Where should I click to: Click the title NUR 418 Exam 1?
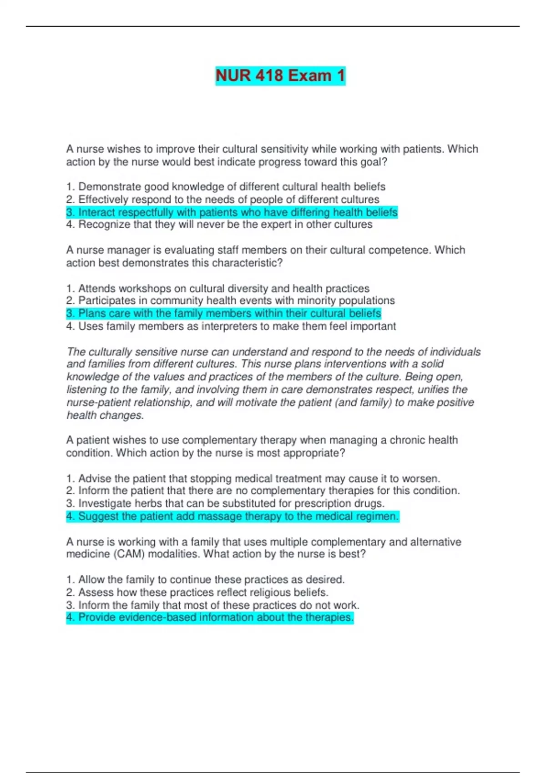tap(280, 75)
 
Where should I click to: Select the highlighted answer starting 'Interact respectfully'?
tap(232, 212)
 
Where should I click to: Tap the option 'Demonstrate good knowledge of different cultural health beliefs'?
tap(226, 187)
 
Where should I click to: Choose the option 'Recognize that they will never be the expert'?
tap(219, 225)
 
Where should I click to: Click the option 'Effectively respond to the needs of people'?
tap(222, 200)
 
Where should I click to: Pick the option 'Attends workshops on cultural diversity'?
tap(217, 289)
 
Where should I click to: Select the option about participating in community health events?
tap(230, 301)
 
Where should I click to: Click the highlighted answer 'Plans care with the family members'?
tap(223, 313)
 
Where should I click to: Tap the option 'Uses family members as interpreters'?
tap(231, 326)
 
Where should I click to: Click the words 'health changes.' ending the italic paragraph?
tap(105, 415)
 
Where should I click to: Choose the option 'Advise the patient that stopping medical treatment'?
tap(253, 478)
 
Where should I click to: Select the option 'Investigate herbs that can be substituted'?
tap(225, 503)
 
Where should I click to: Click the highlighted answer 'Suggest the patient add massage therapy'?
tap(233, 517)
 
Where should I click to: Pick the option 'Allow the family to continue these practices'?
tap(205, 580)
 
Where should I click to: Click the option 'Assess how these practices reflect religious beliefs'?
tap(197, 592)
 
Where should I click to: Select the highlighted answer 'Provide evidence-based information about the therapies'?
tap(210, 617)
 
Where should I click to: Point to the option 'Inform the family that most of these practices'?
tap(212, 605)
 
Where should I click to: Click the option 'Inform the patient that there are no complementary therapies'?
tap(263, 491)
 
